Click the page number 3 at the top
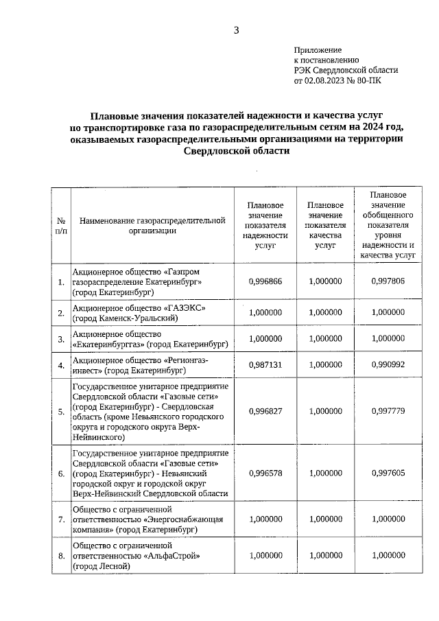click(236, 30)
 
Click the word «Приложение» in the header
click(318, 50)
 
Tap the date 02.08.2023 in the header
click(329, 80)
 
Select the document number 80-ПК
click(368, 80)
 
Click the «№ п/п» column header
click(61, 226)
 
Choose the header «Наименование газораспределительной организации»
click(152, 226)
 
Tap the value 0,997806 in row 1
click(388, 281)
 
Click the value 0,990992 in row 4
click(388, 364)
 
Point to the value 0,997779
click(388, 411)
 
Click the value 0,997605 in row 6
click(388, 473)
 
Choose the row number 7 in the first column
click(61, 521)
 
